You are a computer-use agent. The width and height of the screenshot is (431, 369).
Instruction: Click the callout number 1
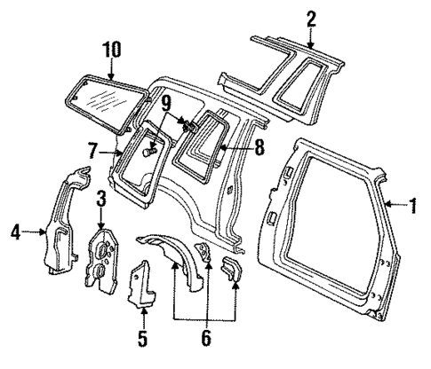pyautogui.click(x=413, y=208)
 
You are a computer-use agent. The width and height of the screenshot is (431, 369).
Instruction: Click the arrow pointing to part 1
pyautogui.click(x=395, y=208)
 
